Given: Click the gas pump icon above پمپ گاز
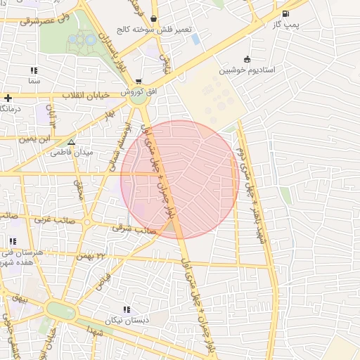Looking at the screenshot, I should tap(285, 14).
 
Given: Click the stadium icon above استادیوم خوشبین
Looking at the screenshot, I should tap(246, 60).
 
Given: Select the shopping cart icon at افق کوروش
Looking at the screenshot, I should tap(139, 81).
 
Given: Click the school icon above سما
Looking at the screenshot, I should tap(34, 70).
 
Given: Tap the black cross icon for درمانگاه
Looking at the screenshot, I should tap(8, 98).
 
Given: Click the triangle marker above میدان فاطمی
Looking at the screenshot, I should tap(71, 142).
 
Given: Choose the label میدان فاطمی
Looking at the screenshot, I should tap(94, 152).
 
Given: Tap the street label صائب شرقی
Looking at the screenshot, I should tap(132, 229).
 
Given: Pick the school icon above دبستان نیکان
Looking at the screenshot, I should tap(127, 309).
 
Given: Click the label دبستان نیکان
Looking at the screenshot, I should tap(119, 321).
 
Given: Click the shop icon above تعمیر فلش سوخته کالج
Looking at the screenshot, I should tap(153, 18).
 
